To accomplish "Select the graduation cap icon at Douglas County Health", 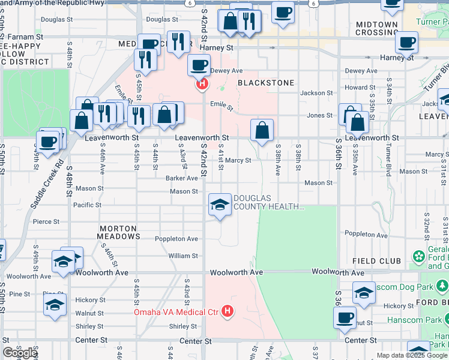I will pyautogui.click(x=220, y=205).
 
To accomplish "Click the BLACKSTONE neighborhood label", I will pyautogui.click(x=266, y=83).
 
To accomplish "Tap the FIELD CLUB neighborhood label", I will pyautogui.click(x=377, y=261).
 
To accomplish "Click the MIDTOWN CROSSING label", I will pyautogui.click(x=377, y=28).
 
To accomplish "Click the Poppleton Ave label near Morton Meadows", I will pyautogui.click(x=175, y=239).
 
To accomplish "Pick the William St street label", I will pyautogui.click(x=183, y=256).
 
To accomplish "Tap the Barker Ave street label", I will pyautogui.click(x=182, y=178).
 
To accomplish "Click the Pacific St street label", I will pyautogui.click(x=87, y=205).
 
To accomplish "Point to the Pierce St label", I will pyautogui.click(x=46, y=221).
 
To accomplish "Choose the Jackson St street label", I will pyautogui.click(x=316, y=93).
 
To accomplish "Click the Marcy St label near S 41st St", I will pyautogui.click(x=238, y=160).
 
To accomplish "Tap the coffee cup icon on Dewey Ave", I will pyautogui.click(x=199, y=65).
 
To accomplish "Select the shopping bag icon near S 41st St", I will pyautogui.click(x=262, y=130).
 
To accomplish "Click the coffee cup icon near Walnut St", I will pyautogui.click(x=345, y=317).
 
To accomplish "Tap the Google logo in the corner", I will pyautogui.click(x=19, y=353).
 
